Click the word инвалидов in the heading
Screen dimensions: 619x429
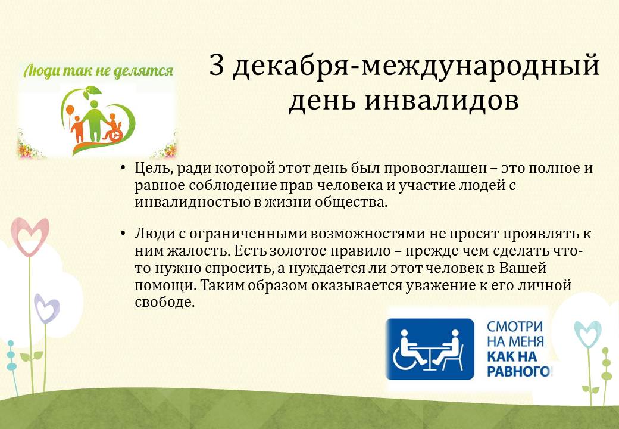point(441,101)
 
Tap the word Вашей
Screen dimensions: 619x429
point(523,268)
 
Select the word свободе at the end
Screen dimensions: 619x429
point(165,302)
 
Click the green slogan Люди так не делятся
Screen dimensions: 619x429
point(98,71)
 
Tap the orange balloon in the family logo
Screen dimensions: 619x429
point(70,110)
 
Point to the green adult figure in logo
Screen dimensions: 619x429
point(93,120)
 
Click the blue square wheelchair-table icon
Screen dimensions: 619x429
point(430,349)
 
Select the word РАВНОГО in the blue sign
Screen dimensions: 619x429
point(519,371)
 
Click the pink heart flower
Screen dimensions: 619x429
point(30,236)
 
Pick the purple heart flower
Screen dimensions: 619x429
point(46,308)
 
